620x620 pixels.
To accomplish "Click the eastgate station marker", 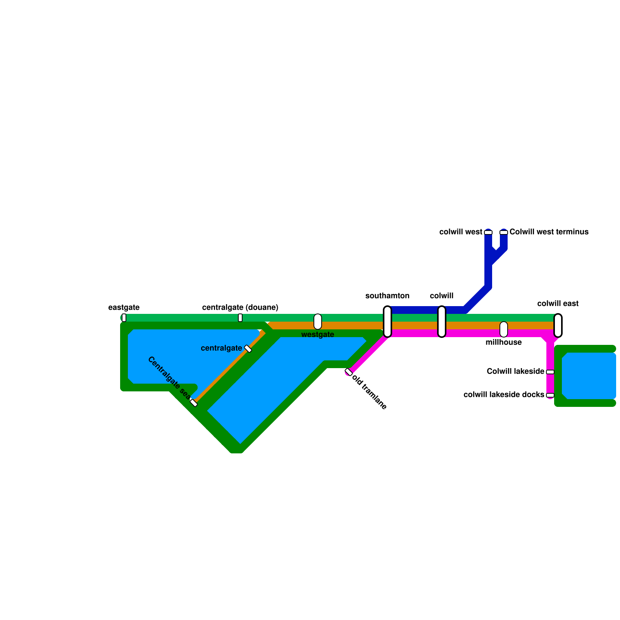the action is (124, 318).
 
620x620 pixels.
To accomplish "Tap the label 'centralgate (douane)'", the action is (240, 308).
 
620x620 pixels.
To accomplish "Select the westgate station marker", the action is (318, 322).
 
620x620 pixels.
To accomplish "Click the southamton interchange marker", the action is (387, 322).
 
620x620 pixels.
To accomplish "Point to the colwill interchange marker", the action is (442, 322).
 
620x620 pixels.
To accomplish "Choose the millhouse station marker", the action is (504, 329).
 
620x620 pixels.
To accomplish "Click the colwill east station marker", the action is (558, 325).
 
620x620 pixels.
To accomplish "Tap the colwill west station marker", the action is (488, 232).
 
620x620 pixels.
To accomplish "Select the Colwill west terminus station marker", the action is (504, 232).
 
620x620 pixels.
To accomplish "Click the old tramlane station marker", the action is (349, 372).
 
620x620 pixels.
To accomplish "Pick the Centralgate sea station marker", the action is (194, 403).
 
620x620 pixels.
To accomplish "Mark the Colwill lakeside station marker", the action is (550, 372).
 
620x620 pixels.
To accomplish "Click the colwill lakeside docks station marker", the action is (550, 395).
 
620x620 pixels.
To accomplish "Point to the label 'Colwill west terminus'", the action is (549, 232).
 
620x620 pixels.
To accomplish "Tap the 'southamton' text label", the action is (387, 296).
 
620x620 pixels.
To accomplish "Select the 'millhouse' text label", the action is (503, 343).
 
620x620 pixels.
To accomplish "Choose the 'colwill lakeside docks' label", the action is (504, 395).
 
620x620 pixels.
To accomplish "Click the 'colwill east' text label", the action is (558, 304).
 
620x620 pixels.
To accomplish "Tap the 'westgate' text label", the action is (317, 335).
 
